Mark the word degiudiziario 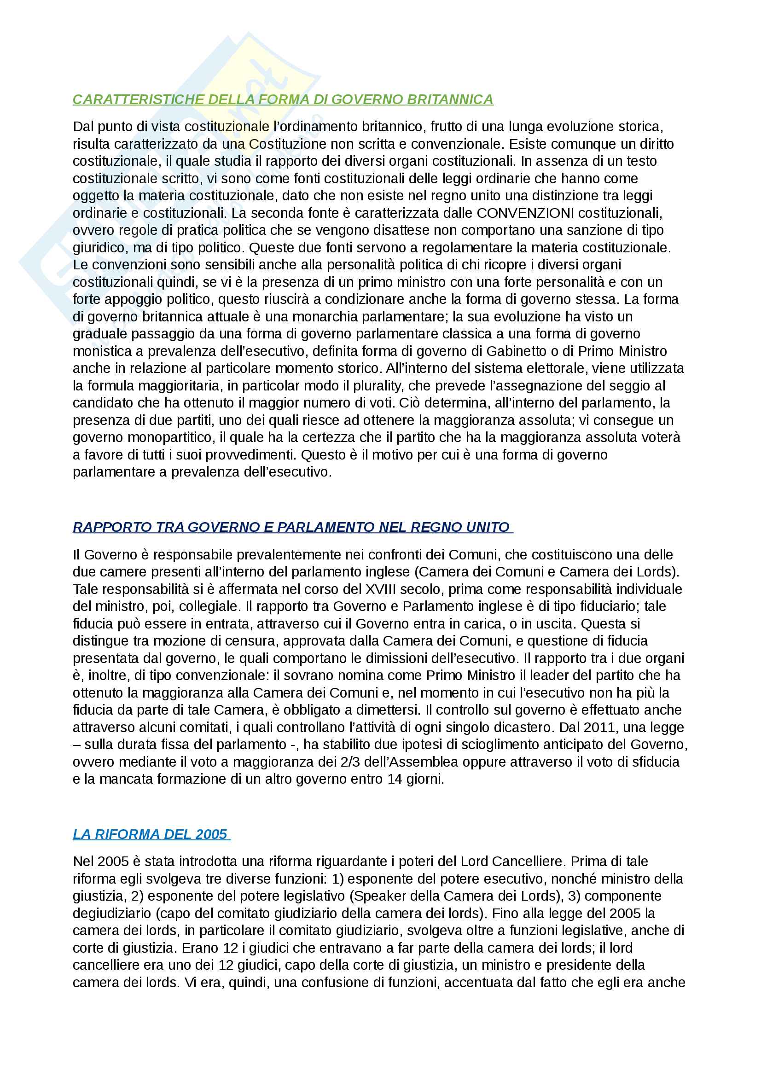tap(110, 913)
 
